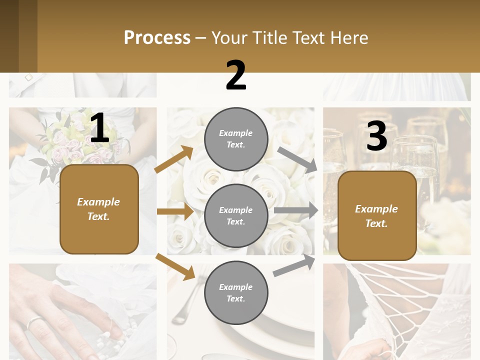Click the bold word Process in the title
[x=157, y=37]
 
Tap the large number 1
[x=99, y=128]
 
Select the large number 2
[x=236, y=75]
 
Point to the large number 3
[x=376, y=136]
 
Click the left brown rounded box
[x=99, y=209]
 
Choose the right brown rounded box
[x=377, y=215]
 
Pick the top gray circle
[x=236, y=138]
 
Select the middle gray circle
[x=236, y=215]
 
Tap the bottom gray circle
[x=236, y=292]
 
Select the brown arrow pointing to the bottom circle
[x=175, y=266]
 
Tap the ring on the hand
[x=34, y=322]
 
